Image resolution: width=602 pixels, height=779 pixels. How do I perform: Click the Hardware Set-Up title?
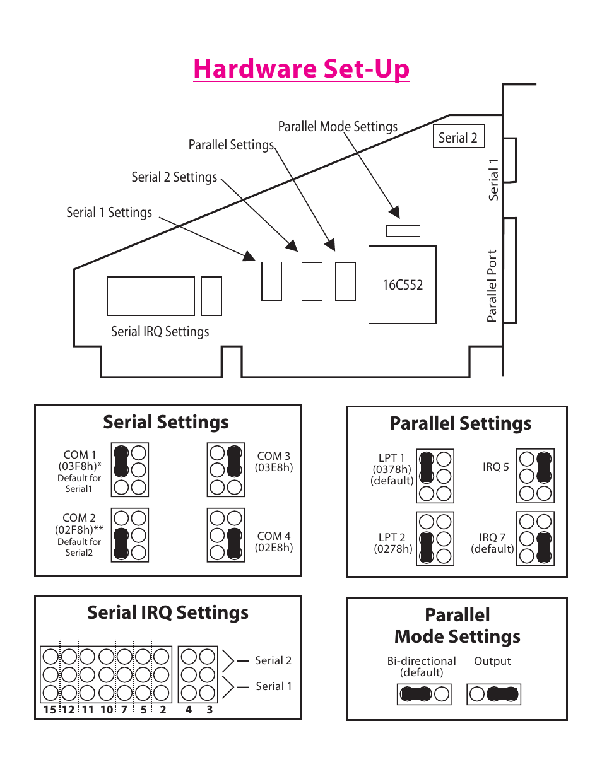coord(301,69)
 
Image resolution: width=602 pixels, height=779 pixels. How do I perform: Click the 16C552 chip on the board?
coord(402,284)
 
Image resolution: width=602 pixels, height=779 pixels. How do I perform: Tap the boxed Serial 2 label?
coord(458,137)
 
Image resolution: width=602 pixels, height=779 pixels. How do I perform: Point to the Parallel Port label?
coord(492,286)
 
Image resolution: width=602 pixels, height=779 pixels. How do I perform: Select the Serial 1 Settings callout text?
coord(109,213)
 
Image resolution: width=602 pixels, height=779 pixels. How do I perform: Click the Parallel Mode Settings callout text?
coord(338,127)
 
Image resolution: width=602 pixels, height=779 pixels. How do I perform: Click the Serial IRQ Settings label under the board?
coord(160,332)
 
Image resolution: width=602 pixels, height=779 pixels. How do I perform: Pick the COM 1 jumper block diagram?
coord(130,470)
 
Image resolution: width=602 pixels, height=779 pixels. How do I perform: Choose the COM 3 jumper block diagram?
coord(226,470)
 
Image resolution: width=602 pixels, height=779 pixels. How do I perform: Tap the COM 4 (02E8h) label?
coord(273,542)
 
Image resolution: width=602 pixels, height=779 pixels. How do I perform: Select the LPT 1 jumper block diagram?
coord(435,476)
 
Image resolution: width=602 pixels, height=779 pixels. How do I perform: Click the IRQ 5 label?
coord(495,467)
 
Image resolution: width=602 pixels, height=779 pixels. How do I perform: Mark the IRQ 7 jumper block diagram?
coord(535,539)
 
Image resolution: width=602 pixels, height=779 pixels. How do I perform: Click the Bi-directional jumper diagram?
coord(424,694)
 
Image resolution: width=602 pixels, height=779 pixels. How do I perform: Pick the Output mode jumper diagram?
coord(493,694)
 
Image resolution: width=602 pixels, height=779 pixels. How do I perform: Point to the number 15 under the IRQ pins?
coord(49,710)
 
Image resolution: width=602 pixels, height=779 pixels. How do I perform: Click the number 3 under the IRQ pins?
coord(210,710)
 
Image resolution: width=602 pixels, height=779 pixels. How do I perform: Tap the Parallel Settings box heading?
coord(460,423)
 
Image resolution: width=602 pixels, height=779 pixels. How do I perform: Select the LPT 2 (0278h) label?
coord(392,543)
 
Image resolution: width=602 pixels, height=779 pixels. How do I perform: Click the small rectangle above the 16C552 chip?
coord(403,231)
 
